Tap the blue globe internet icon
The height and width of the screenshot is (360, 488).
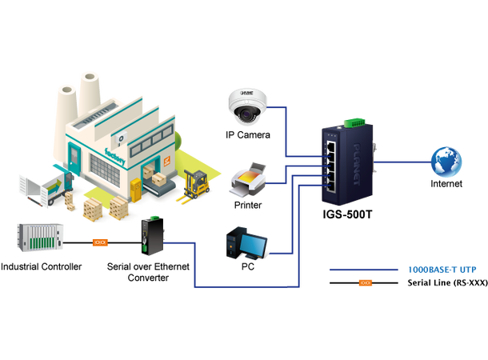[446, 161]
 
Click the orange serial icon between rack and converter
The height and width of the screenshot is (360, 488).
[100, 241]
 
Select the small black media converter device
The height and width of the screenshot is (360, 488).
[152, 236]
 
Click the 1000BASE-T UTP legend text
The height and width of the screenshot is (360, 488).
[441, 270]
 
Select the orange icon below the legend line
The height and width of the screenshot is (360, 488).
[366, 282]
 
